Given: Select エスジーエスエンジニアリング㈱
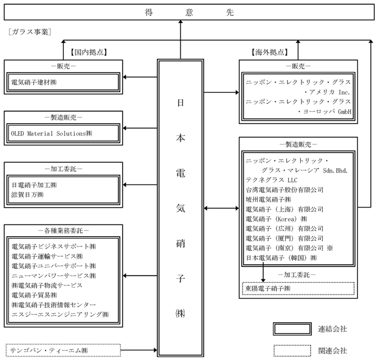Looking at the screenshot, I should (60, 314).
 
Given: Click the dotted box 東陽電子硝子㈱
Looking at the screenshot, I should (269, 288).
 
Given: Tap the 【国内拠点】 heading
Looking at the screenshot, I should (89, 52).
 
